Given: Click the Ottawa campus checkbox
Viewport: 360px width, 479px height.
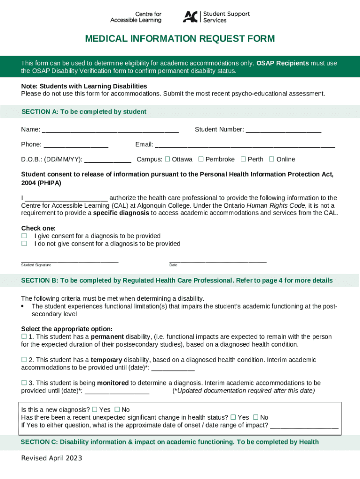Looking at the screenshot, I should click(x=167, y=159).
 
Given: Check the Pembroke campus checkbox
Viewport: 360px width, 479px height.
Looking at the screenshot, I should click(x=201, y=159).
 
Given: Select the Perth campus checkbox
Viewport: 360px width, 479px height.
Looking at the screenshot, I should click(x=243, y=159).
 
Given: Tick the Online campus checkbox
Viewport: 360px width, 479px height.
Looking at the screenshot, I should click(x=272, y=159).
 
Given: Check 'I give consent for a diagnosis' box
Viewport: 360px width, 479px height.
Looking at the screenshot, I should click(x=24, y=236).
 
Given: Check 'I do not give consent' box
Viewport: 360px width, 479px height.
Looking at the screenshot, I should click(x=24, y=244).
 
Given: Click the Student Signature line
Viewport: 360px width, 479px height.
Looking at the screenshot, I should click(x=70, y=261).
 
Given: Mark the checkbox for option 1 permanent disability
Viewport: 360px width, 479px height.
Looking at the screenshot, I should click(x=24, y=336).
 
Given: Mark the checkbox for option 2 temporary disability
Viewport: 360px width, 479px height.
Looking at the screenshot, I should click(x=24, y=360).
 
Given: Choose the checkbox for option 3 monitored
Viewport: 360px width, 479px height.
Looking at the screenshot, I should click(x=24, y=383).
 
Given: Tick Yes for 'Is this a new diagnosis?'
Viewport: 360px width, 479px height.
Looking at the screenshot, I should click(x=94, y=409).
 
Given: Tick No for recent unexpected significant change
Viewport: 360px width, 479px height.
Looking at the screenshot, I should click(x=256, y=417).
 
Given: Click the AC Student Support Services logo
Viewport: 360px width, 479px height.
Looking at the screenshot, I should click(x=216, y=17).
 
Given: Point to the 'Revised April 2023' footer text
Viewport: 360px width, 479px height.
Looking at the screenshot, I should click(x=51, y=458).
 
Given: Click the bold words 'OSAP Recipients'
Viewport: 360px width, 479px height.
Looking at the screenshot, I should click(x=282, y=63).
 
